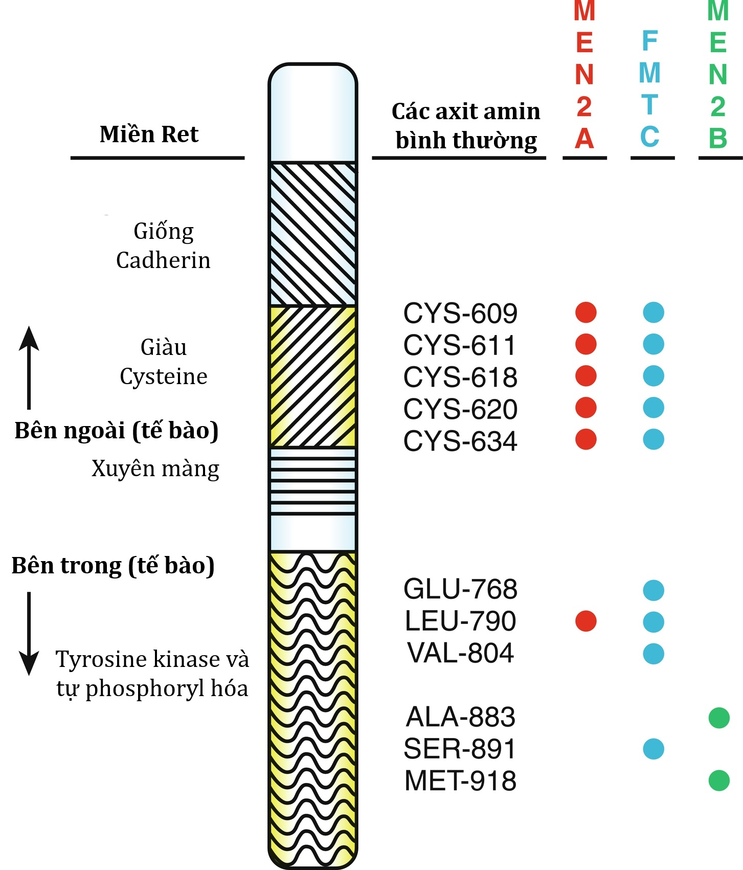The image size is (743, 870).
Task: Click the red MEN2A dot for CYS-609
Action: [586, 313]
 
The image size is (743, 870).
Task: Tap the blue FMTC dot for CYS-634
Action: [654, 439]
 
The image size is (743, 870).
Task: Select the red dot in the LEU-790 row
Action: [586, 621]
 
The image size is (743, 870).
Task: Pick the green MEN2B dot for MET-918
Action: [719, 780]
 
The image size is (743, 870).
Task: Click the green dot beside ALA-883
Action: [719, 718]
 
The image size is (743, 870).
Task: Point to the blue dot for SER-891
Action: [654, 749]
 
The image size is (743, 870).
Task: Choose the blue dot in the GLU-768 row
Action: [654, 590]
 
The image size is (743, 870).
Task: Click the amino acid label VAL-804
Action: [460, 653]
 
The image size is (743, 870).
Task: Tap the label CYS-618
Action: [460, 377]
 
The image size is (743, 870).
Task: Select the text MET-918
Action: [460, 781]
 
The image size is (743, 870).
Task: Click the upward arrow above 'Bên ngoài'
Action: [29, 366]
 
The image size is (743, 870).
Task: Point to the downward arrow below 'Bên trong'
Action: [29, 634]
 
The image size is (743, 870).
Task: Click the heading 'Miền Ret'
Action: [149, 134]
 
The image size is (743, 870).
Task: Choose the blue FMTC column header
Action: [650, 90]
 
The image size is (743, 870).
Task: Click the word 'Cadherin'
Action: [163, 260]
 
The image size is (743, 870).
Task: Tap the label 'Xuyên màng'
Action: [155, 469]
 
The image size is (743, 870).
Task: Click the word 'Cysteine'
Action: [164, 376]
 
